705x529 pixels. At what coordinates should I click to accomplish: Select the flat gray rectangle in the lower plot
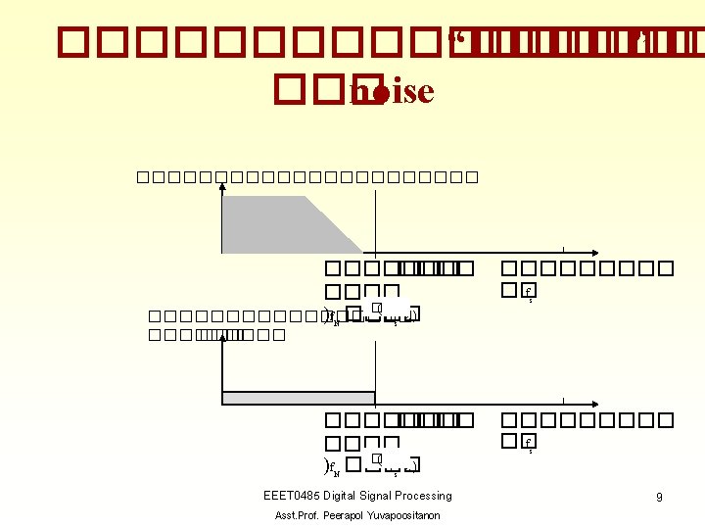tap(300, 398)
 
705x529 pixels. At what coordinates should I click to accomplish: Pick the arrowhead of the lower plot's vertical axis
tap(223, 340)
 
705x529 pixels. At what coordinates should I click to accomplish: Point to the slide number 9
tap(659, 498)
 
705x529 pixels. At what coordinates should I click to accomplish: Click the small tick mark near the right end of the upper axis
tap(564, 250)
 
